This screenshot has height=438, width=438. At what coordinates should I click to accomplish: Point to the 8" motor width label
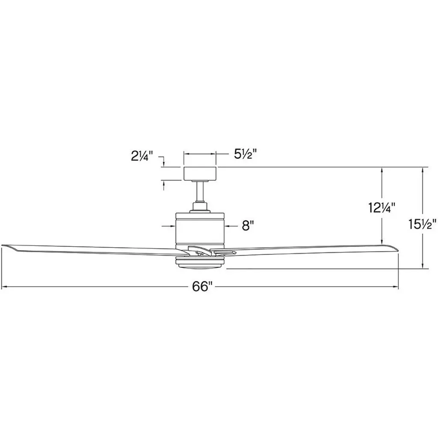(248, 226)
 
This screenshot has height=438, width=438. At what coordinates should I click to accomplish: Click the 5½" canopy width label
(245, 154)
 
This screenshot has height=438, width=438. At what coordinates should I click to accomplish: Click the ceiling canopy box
(199, 173)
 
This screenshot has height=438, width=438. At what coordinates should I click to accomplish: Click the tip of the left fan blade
(2, 246)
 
